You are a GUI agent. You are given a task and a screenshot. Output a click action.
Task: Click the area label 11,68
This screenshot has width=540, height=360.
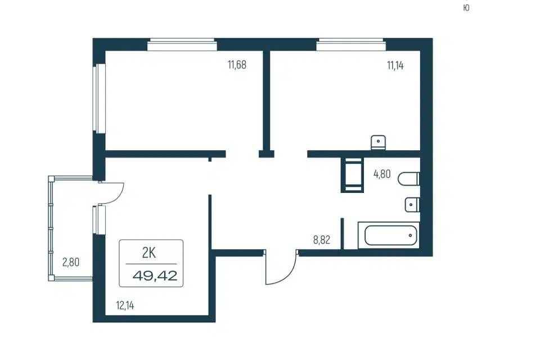click(237, 65)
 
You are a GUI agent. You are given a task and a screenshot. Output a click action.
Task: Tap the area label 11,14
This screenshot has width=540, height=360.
click(395, 65)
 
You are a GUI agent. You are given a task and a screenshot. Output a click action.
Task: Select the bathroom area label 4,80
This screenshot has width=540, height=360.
click(382, 174)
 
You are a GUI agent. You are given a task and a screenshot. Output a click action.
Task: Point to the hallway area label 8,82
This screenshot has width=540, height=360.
click(322, 240)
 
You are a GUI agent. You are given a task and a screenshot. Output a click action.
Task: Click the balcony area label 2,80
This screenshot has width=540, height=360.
click(71, 262)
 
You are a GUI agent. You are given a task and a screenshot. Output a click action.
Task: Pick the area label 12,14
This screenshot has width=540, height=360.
click(125, 305)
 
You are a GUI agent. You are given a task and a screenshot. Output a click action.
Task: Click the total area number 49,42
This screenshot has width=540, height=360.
click(155, 276)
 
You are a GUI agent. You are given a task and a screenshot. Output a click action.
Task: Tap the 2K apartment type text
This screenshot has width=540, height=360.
click(148, 253)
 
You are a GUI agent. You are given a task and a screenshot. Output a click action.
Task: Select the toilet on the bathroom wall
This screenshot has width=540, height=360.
click(409, 179)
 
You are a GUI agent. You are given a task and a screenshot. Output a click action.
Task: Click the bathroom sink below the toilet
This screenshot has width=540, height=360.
click(412, 205)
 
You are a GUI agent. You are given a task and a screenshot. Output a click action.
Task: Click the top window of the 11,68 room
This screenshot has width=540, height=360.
click(182, 45)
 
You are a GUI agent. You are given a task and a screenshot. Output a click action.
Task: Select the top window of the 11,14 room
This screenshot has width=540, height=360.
click(351, 45)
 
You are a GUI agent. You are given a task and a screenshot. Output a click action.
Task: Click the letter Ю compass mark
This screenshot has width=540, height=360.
click(466, 7)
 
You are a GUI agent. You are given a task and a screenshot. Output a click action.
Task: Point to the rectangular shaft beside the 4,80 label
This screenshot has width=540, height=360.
click(352, 175)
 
